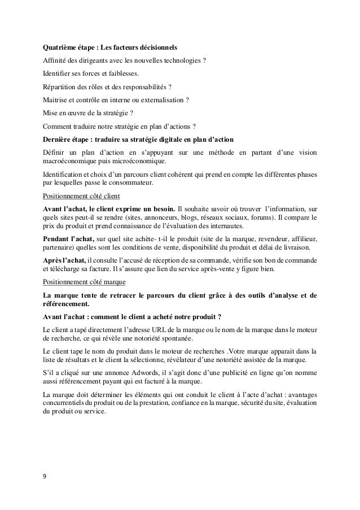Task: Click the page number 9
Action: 45,475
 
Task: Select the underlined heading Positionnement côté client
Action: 81,195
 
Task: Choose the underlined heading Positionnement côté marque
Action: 85,281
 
